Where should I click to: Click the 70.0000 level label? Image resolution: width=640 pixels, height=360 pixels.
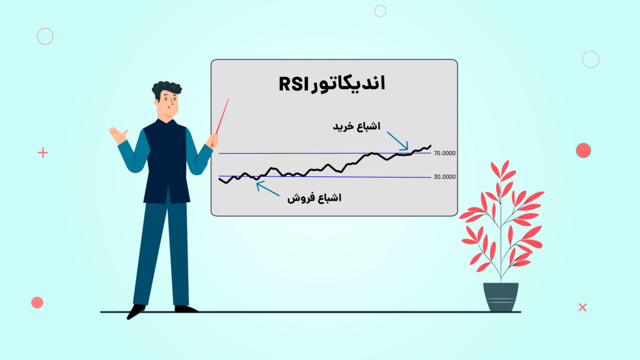pyautogui.click(x=444, y=153)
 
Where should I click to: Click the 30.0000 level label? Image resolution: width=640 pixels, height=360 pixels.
pyautogui.click(x=444, y=177)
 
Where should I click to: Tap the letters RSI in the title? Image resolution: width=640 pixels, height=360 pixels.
pyautogui.click(x=293, y=85)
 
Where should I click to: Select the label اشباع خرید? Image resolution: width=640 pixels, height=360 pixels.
pyautogui.click(x=356, y=126)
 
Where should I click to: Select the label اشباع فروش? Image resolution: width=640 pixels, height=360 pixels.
pyautogui.click(x=314, y=198)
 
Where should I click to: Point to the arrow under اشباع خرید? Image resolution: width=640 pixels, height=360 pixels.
pyautogui.click(x=397, y=141)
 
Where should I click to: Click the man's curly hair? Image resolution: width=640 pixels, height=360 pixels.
pyautogui.click(x=167, y=89)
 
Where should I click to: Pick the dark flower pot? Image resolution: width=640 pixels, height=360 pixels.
pyautogui.click(x=501, y=297)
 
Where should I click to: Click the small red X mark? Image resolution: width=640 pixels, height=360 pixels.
pyautogui.click(x=582, y=307)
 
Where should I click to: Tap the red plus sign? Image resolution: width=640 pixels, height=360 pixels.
pyautogui.click(x=42, y=152)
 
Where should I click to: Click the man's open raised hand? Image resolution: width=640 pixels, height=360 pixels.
pyautogui.click(x=117, y=134)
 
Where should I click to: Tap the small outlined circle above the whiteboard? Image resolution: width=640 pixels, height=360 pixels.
pyautogui.click(x=380, y=11)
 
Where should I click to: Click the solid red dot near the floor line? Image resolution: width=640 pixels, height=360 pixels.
pyautogui.click(x=37, y=302)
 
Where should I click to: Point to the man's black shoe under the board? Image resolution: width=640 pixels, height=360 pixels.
pyautogui.click(x=186, y=308)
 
